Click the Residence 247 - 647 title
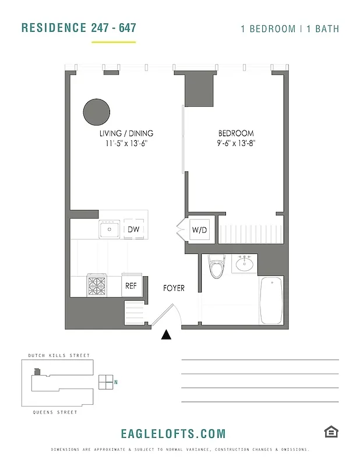(x=79, y=28)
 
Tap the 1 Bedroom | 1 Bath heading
(x=290, y=29)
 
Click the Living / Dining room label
(x=126, y=133)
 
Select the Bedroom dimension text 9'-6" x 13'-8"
(x=236, y=143)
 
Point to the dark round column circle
(x=96, y=111)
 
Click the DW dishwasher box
(x=133, y=230)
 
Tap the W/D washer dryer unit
(x=199, y=230)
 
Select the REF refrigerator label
(x=131, y=285)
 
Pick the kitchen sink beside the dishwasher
(x=109, y=230)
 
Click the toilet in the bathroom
(x=216, y=269)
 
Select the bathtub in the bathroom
(x=271, y=301)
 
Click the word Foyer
(x=174, y=288)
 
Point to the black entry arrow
(x=167, y=334)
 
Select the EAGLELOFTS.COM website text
(x=173, y=434)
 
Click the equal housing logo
(x=331, y=432)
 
